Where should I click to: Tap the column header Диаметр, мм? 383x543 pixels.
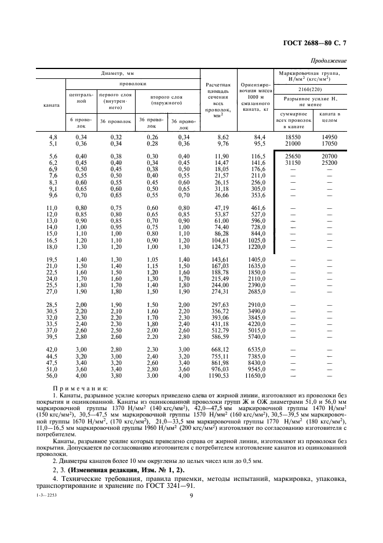pyautogui.click(x=118, y=74)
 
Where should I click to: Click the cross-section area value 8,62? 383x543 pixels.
pyautogui.click(x=215, y=136)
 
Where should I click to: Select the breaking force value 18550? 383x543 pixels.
pyautogui.click(x=293, y=136)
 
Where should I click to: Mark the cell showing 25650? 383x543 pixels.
pyautogui.click(x=293, y=157)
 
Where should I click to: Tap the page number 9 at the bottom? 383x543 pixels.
pyautogui.click(x=191, y=495)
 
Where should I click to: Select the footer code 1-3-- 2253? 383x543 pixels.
pyautogui.click(x=48, y=494)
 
